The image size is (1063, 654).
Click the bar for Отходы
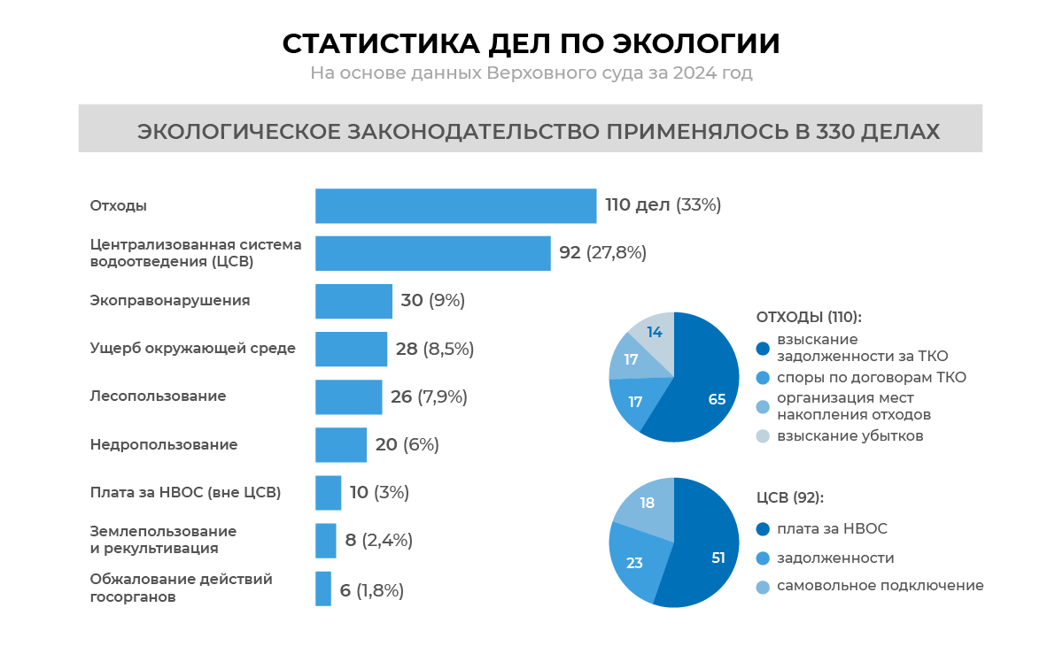(455, 205)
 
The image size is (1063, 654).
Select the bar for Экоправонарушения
(353, 301)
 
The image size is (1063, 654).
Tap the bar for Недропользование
(341, 444)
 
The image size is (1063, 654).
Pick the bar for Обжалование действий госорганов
(323, 589)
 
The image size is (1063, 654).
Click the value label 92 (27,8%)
(602, 253)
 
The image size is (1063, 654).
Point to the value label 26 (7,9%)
(429, 396)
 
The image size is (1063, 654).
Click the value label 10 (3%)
(379, 492)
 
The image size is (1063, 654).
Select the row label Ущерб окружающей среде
(192, 349)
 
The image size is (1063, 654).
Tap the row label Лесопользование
(158, 396)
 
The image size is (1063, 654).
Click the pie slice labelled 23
(636, 562)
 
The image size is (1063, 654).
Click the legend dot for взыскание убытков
(763, 435)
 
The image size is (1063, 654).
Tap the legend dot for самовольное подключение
(763, 586)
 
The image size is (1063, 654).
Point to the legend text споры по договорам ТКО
(871, 378)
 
